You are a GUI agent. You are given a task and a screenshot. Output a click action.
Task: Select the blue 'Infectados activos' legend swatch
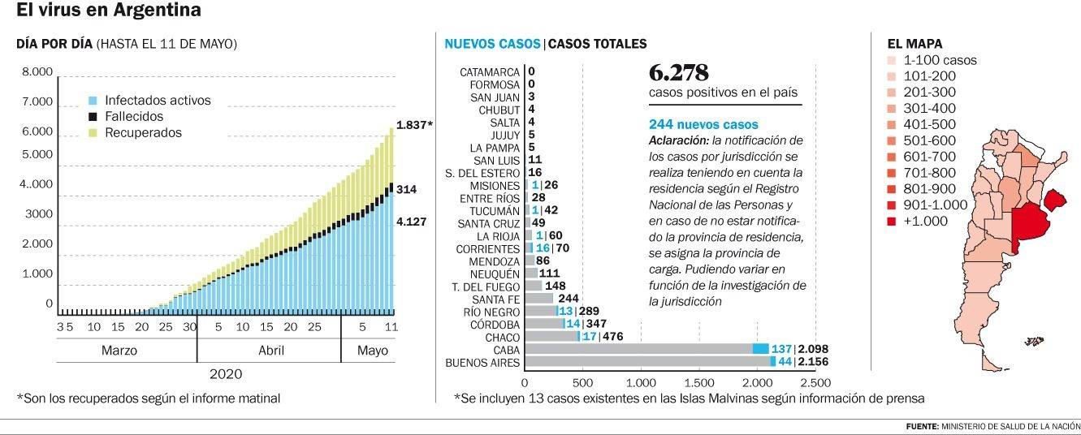[93, 101]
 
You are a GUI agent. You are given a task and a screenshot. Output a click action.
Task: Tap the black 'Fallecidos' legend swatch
[93, 116]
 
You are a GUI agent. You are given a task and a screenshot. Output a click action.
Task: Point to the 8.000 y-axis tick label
[37, 72]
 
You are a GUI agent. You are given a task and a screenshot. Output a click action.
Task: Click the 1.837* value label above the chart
[414, 125]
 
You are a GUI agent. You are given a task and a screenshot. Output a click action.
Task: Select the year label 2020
[226, 374]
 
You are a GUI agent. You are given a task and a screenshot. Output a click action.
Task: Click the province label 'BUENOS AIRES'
[482, 362]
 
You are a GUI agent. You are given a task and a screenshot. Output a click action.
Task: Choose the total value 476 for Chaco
[613, 335]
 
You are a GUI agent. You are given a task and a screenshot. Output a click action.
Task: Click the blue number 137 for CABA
[781, 349]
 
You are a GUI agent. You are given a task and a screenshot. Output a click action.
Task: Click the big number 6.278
[679, 71]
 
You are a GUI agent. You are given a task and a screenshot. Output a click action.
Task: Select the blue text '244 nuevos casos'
[703, 125]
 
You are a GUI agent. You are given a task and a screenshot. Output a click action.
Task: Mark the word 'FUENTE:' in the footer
[922, 427]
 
